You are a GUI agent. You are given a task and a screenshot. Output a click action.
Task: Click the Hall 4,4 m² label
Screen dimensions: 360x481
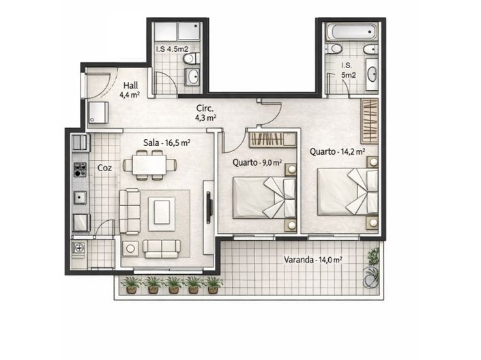click(129, 90)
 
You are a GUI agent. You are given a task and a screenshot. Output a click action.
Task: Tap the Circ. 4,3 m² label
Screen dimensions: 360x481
click(205, 112)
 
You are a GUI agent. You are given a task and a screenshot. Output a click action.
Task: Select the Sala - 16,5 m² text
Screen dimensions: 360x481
click(166, 143)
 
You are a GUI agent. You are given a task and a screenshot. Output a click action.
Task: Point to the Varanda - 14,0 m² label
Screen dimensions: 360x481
click(313, 259)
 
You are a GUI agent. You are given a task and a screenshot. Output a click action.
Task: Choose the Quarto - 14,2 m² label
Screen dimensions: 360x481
click(336, 152)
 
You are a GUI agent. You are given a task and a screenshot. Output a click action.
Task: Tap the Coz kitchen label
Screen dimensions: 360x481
click(104, 167)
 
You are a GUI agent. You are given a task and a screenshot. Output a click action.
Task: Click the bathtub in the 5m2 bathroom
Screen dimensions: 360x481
click(351, 31)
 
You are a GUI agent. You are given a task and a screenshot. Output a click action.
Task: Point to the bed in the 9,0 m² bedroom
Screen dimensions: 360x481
click(263, 197)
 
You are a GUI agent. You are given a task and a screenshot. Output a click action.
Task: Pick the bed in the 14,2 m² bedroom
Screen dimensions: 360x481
click(347, 191)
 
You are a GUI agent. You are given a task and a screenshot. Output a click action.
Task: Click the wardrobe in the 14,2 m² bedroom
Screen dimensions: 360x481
click(369, 121)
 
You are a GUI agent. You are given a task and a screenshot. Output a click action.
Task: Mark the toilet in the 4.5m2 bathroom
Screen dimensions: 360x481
click(189, 59)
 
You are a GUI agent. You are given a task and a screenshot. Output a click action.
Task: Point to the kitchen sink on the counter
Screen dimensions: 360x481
click(81, 198)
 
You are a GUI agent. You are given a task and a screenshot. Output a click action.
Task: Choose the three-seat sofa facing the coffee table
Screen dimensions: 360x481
click(129, 211)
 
